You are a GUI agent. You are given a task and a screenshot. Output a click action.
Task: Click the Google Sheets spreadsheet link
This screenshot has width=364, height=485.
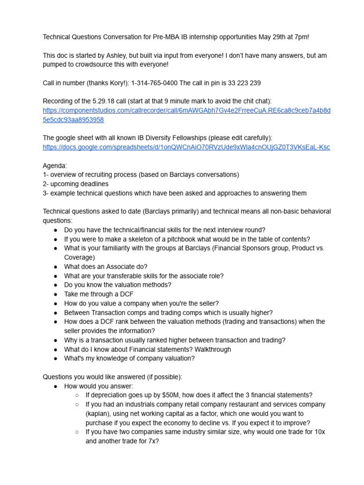[x=186, y=147]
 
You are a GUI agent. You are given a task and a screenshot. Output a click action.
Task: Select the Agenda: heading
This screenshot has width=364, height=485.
[x=55, y=166]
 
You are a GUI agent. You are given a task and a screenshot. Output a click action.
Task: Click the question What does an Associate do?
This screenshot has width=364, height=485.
[x=106, y=267]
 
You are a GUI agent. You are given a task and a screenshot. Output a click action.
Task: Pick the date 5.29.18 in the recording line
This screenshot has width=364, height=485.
[x=100, y=101]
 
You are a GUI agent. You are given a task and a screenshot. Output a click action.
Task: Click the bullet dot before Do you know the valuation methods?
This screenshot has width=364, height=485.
[x=55, y=285]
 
